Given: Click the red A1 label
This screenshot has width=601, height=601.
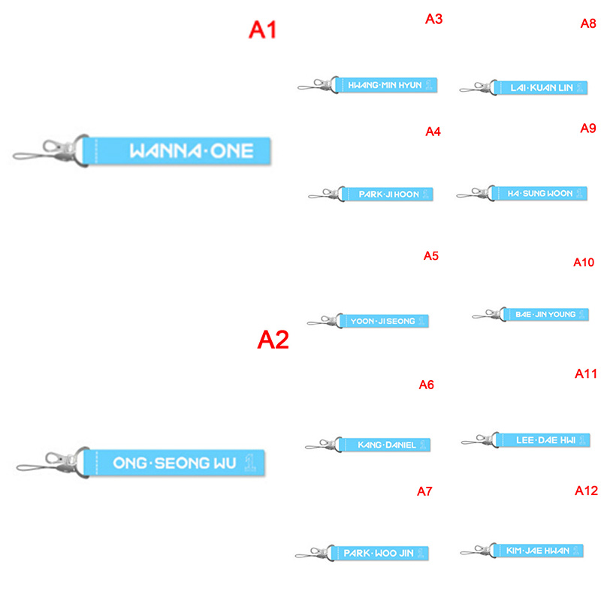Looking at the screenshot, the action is [262, 29].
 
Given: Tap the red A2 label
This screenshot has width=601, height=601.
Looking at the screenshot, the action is [273, 340].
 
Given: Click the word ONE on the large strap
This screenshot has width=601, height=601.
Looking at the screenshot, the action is [232, 151].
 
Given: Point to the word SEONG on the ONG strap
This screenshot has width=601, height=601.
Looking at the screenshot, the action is [182, 463].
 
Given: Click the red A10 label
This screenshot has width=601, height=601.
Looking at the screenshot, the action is [584, 262].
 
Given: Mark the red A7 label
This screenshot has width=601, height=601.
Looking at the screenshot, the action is [424, 491].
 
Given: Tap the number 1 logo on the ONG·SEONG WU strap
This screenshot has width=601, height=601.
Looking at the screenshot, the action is [250, 463].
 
